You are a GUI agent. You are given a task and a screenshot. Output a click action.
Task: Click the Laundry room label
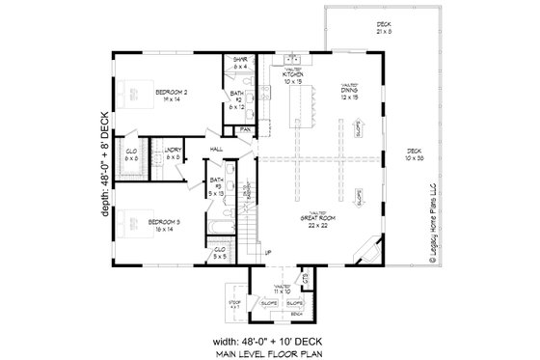pyautogui.click(x=174, y=152)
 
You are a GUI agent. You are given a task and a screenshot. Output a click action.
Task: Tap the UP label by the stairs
pyautogui.click(x=268, y=253)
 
